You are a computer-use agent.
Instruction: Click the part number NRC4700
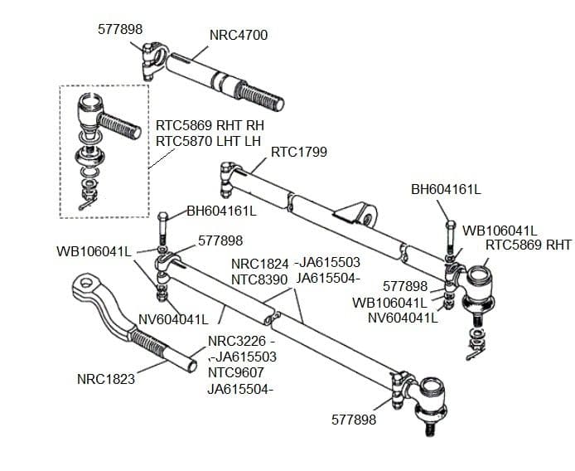pos(239,35)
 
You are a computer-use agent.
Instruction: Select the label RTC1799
pos(299,152)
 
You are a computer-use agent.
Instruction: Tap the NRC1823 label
pos(105,380)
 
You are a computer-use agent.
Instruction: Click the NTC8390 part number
pos(259,279)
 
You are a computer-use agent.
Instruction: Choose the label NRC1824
pos(259,264)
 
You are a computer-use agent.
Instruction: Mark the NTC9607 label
pos(235,372)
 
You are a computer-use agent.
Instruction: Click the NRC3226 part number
pos(236,341)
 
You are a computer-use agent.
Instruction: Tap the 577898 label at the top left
pos(120,28)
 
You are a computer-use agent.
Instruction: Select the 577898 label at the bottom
pos(354,420)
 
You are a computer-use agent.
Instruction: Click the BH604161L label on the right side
pos(446,189)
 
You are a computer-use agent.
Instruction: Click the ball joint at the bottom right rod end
pos(432,391)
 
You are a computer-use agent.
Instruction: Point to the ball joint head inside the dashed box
pos(89,108)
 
